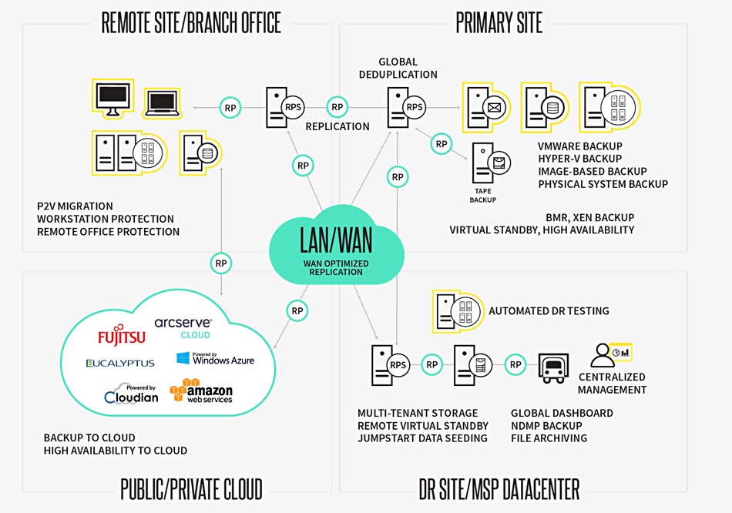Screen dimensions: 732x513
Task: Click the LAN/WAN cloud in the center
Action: point(336,245)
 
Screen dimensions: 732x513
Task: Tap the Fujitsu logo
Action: point(122,335)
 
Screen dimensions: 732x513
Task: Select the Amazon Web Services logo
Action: point(201,391)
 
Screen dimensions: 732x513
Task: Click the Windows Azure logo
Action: point(215,358)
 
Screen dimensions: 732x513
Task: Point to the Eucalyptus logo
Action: point(120,363)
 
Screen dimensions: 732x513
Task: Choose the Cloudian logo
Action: point(131,394)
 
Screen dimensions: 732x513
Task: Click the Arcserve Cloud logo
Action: point(183,328)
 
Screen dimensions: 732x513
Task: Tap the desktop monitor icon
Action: point(112,98)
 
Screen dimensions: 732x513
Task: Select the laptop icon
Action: point(162,103)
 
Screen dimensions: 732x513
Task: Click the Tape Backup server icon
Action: point(491,163)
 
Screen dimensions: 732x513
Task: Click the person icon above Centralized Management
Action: point(603,356)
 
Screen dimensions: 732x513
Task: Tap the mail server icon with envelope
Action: point(486,107)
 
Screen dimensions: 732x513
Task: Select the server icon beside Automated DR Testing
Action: point(458,311)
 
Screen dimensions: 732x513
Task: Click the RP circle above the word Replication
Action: point(337,107)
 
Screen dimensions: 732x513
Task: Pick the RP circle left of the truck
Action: point(515,364)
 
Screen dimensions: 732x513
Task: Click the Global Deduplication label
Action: point(398,68)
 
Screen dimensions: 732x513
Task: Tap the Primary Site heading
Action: point(499,23)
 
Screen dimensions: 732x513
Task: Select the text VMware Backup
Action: point(579,146)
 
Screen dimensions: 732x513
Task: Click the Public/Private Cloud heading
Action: point(191,489)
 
